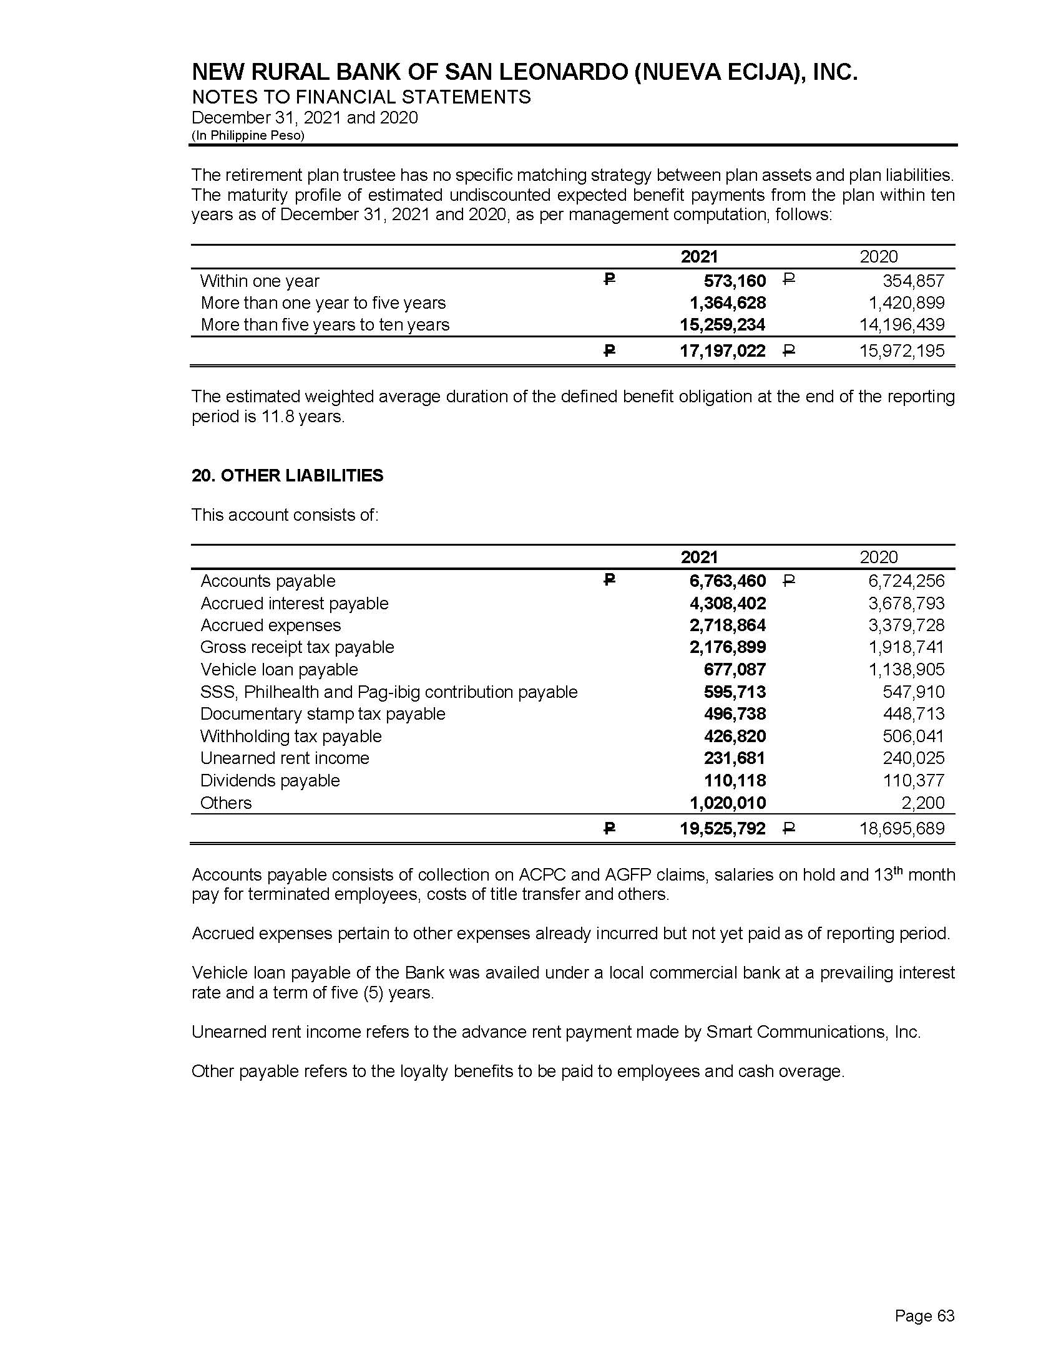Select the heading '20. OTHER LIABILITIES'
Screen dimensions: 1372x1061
pos(287,476)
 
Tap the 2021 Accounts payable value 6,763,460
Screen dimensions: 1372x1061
pos(727,581)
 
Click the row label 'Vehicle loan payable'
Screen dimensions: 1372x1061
pos(279,670)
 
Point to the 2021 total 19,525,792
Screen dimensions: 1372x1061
pos(722,829)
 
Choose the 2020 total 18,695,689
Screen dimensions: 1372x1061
pos(901,829)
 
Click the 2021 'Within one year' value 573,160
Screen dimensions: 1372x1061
pos(734,281)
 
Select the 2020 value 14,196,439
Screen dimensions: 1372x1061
pos(901,325)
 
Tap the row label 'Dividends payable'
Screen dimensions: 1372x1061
pos(270,781)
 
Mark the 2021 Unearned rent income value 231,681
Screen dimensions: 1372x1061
pos(734,758)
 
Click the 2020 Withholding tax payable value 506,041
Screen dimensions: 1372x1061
pos(913,737)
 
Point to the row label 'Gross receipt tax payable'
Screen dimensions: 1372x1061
pos(296,648)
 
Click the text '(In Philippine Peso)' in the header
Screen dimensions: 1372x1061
pos(248,136)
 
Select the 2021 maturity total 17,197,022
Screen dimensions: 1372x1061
pos(722,351)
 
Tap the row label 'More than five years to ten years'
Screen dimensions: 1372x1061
pos(325,325)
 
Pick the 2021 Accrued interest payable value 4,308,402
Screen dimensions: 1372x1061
pos(727,604)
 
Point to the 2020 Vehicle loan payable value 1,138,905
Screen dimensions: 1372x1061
pos(906,670)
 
